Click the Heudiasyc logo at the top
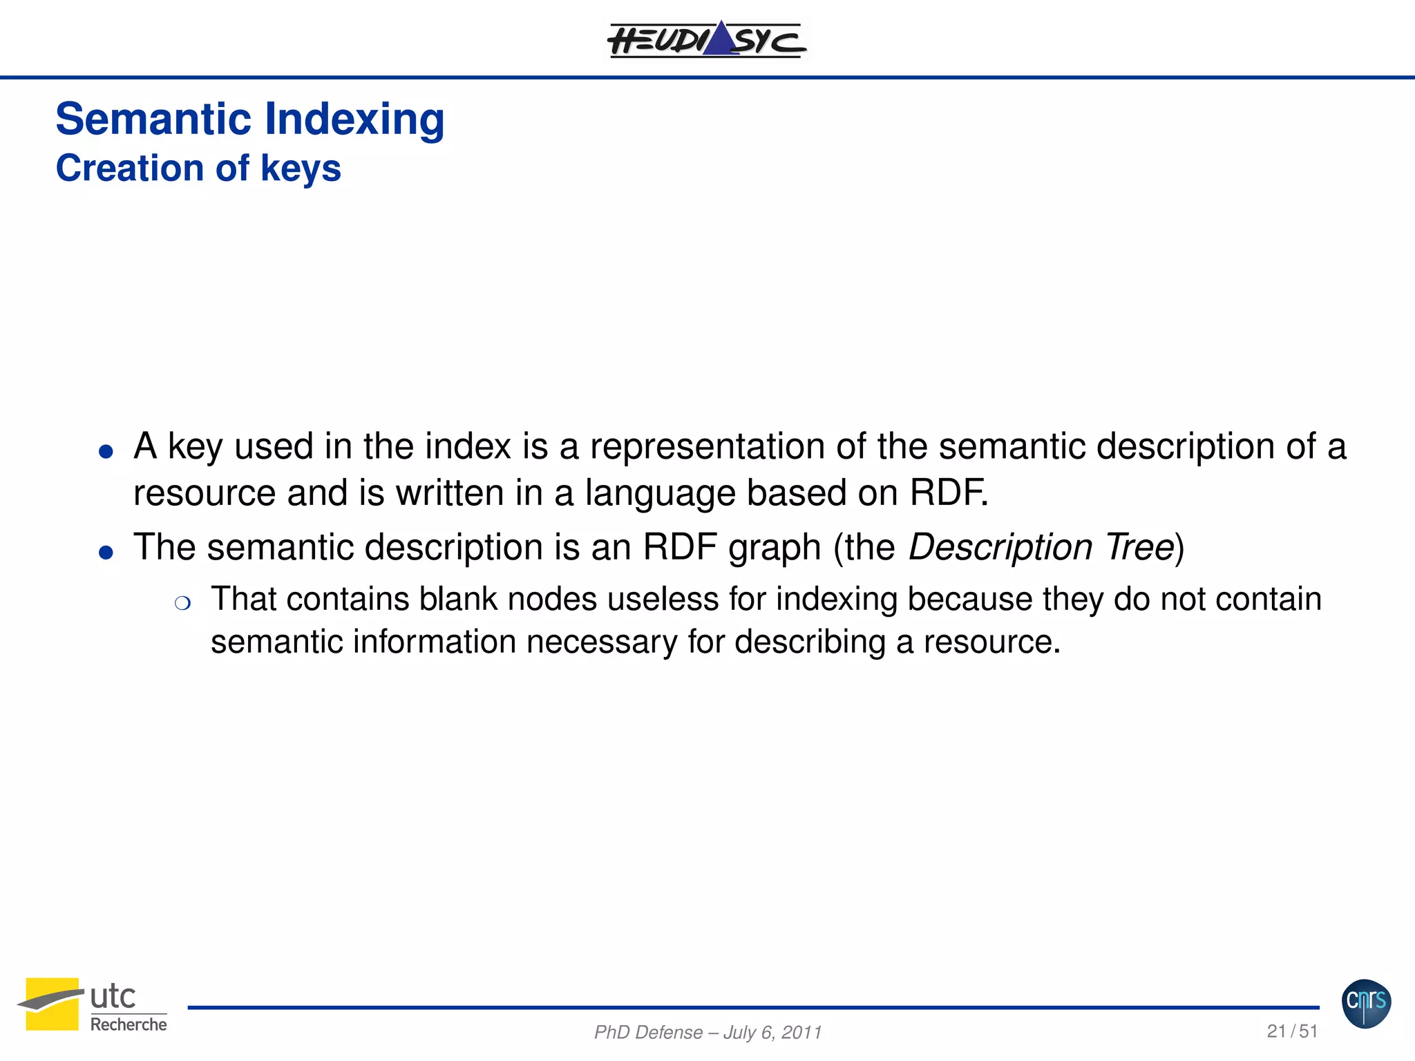[x=706, y=40]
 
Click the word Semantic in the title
[x=153, y=119]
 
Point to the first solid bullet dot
[x=106, y=452]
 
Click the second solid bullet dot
[x=106, y=553]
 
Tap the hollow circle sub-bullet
[x=182, y=604]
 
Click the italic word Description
[x=1000, y=547]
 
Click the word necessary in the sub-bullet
[x=601, y=642]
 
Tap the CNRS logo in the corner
[x=1366, y=1004]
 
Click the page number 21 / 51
[x=1292, y=1031]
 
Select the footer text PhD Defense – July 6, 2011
[x=707, y=1032]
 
